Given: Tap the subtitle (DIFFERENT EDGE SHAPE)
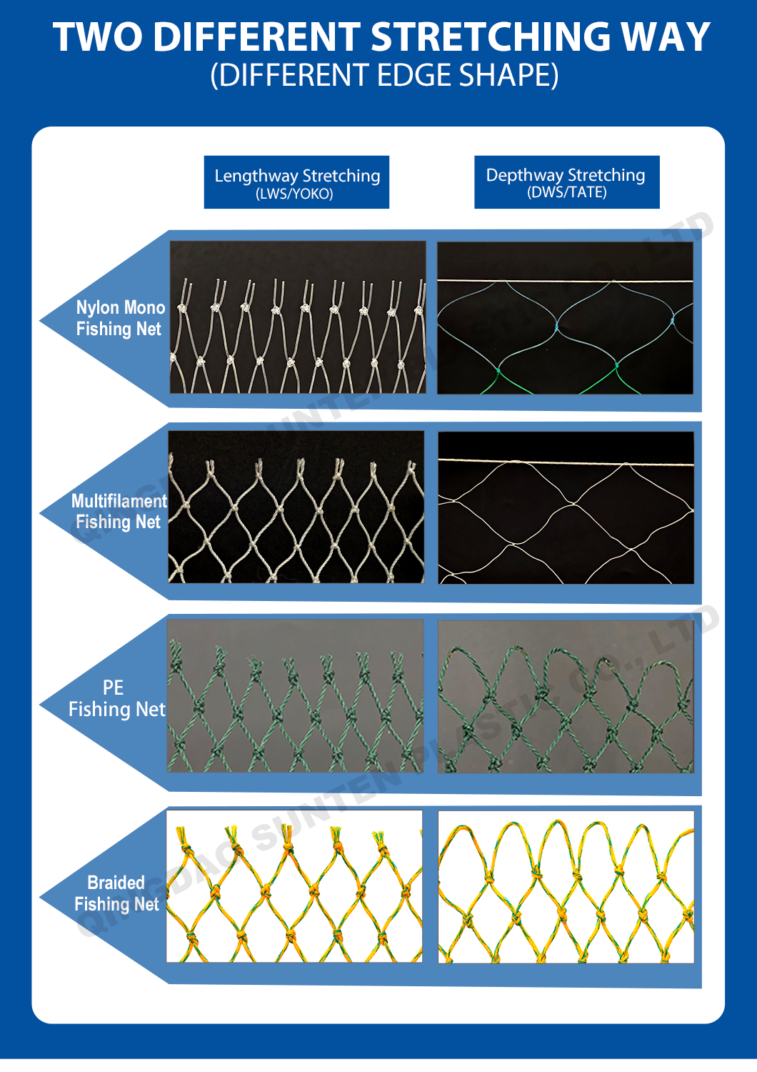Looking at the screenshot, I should click(x=384, y=75).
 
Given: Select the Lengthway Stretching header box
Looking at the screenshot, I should click(x=296, y=182).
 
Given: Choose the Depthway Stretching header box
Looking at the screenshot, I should click(x=566, y=182).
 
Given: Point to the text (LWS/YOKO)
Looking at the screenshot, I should click(x=294, y=194).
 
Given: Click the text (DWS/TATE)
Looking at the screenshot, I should click(x=566, y=192).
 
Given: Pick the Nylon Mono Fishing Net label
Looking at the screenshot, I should click(x=120, y=318).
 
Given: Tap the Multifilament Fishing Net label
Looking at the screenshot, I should click(x=119, y=511).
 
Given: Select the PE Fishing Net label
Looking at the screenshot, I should click(x=116, y=698).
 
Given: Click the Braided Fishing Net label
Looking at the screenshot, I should click(x=116, y=893).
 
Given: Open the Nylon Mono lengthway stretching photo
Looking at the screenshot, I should click(x=297, y=317).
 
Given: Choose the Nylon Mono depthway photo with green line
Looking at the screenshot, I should click(x=565, y=318).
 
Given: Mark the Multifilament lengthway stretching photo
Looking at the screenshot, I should click(x=296, y=507).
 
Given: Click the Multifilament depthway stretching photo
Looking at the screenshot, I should click(x=566, y=507).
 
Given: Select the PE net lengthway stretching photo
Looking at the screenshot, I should click(x=295, y=695).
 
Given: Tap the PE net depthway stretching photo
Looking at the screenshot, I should click(x=565, y=696).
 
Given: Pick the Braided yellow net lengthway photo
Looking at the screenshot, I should click(x=294, y=886).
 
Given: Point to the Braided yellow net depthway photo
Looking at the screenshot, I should click(x=566, y=887).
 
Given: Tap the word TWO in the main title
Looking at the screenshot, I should click(x=98, y=37).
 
